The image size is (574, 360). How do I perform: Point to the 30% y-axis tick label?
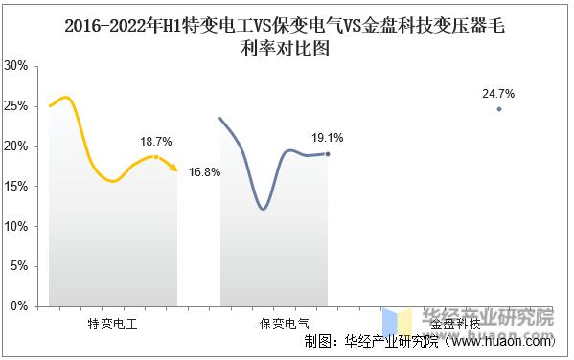coord(15,66)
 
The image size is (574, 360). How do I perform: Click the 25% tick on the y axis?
coord(15,106)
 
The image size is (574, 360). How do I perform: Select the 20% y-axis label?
coord(15,146)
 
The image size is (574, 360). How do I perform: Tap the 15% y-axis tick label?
coord(15,187)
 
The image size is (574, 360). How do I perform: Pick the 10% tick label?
coord(15,227)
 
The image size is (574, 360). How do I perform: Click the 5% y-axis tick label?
coord(18,267)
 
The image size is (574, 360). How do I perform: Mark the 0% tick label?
coord(18,307)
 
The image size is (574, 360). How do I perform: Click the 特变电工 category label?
coord(112,325)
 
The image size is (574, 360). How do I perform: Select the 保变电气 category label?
coord(285,325)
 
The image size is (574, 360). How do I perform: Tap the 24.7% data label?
coord(499,94)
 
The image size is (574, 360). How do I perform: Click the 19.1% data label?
coord(327,138)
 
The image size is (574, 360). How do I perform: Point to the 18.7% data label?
coord(155,142)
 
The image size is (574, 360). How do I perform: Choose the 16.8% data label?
coord(205,172)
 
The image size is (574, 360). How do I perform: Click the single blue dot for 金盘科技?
coord(499,109)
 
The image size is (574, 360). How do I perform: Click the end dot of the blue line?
coord(328,154)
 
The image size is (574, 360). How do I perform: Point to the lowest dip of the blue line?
coord(264,209)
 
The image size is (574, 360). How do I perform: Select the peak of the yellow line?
coord(65,98)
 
